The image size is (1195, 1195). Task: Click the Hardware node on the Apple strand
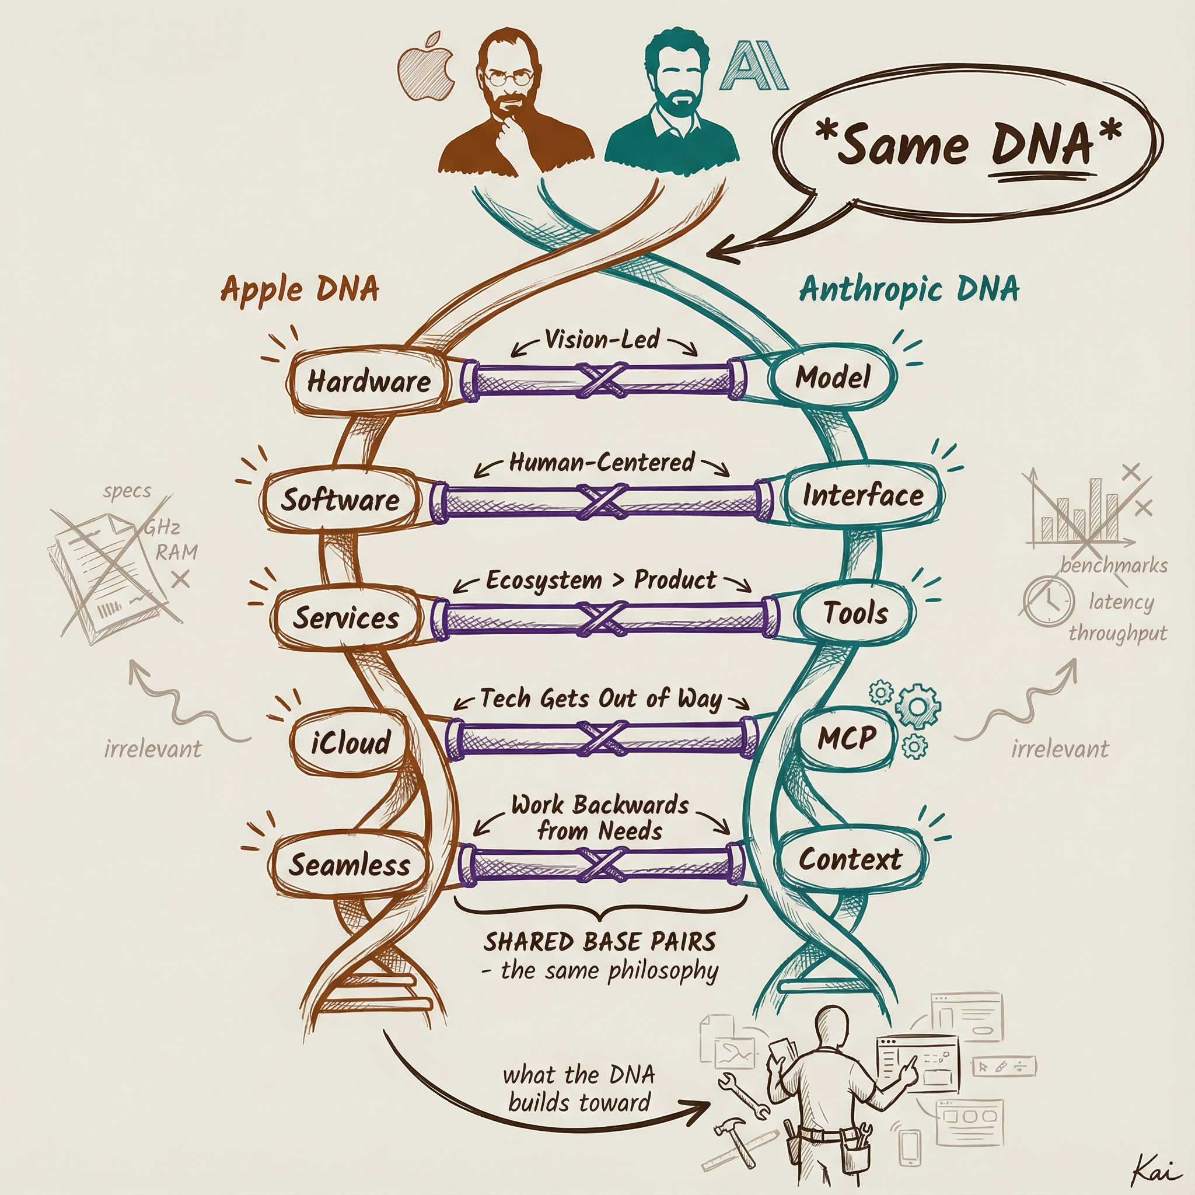[x=369, y=381]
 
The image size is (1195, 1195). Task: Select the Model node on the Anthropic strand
[x=832, y=377]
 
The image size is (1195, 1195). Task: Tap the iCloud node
[x=351, y=742]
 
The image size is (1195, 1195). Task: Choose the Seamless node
[x=350, y=865]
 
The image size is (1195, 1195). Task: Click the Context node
[x=850, y=859]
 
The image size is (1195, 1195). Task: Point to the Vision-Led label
[x=602, y=340]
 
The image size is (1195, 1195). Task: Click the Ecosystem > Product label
[x=601, y=580]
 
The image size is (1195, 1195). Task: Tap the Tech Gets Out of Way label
[x=601, y=699]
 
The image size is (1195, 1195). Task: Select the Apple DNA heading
[x=300, y=289]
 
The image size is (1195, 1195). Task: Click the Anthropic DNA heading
[x=909, y=289]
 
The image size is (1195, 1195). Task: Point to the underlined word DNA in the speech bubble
[x=1042, y=146]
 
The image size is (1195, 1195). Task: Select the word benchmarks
[x=1114, y=565]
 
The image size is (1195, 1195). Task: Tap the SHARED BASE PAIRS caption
[x=599, y=942]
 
